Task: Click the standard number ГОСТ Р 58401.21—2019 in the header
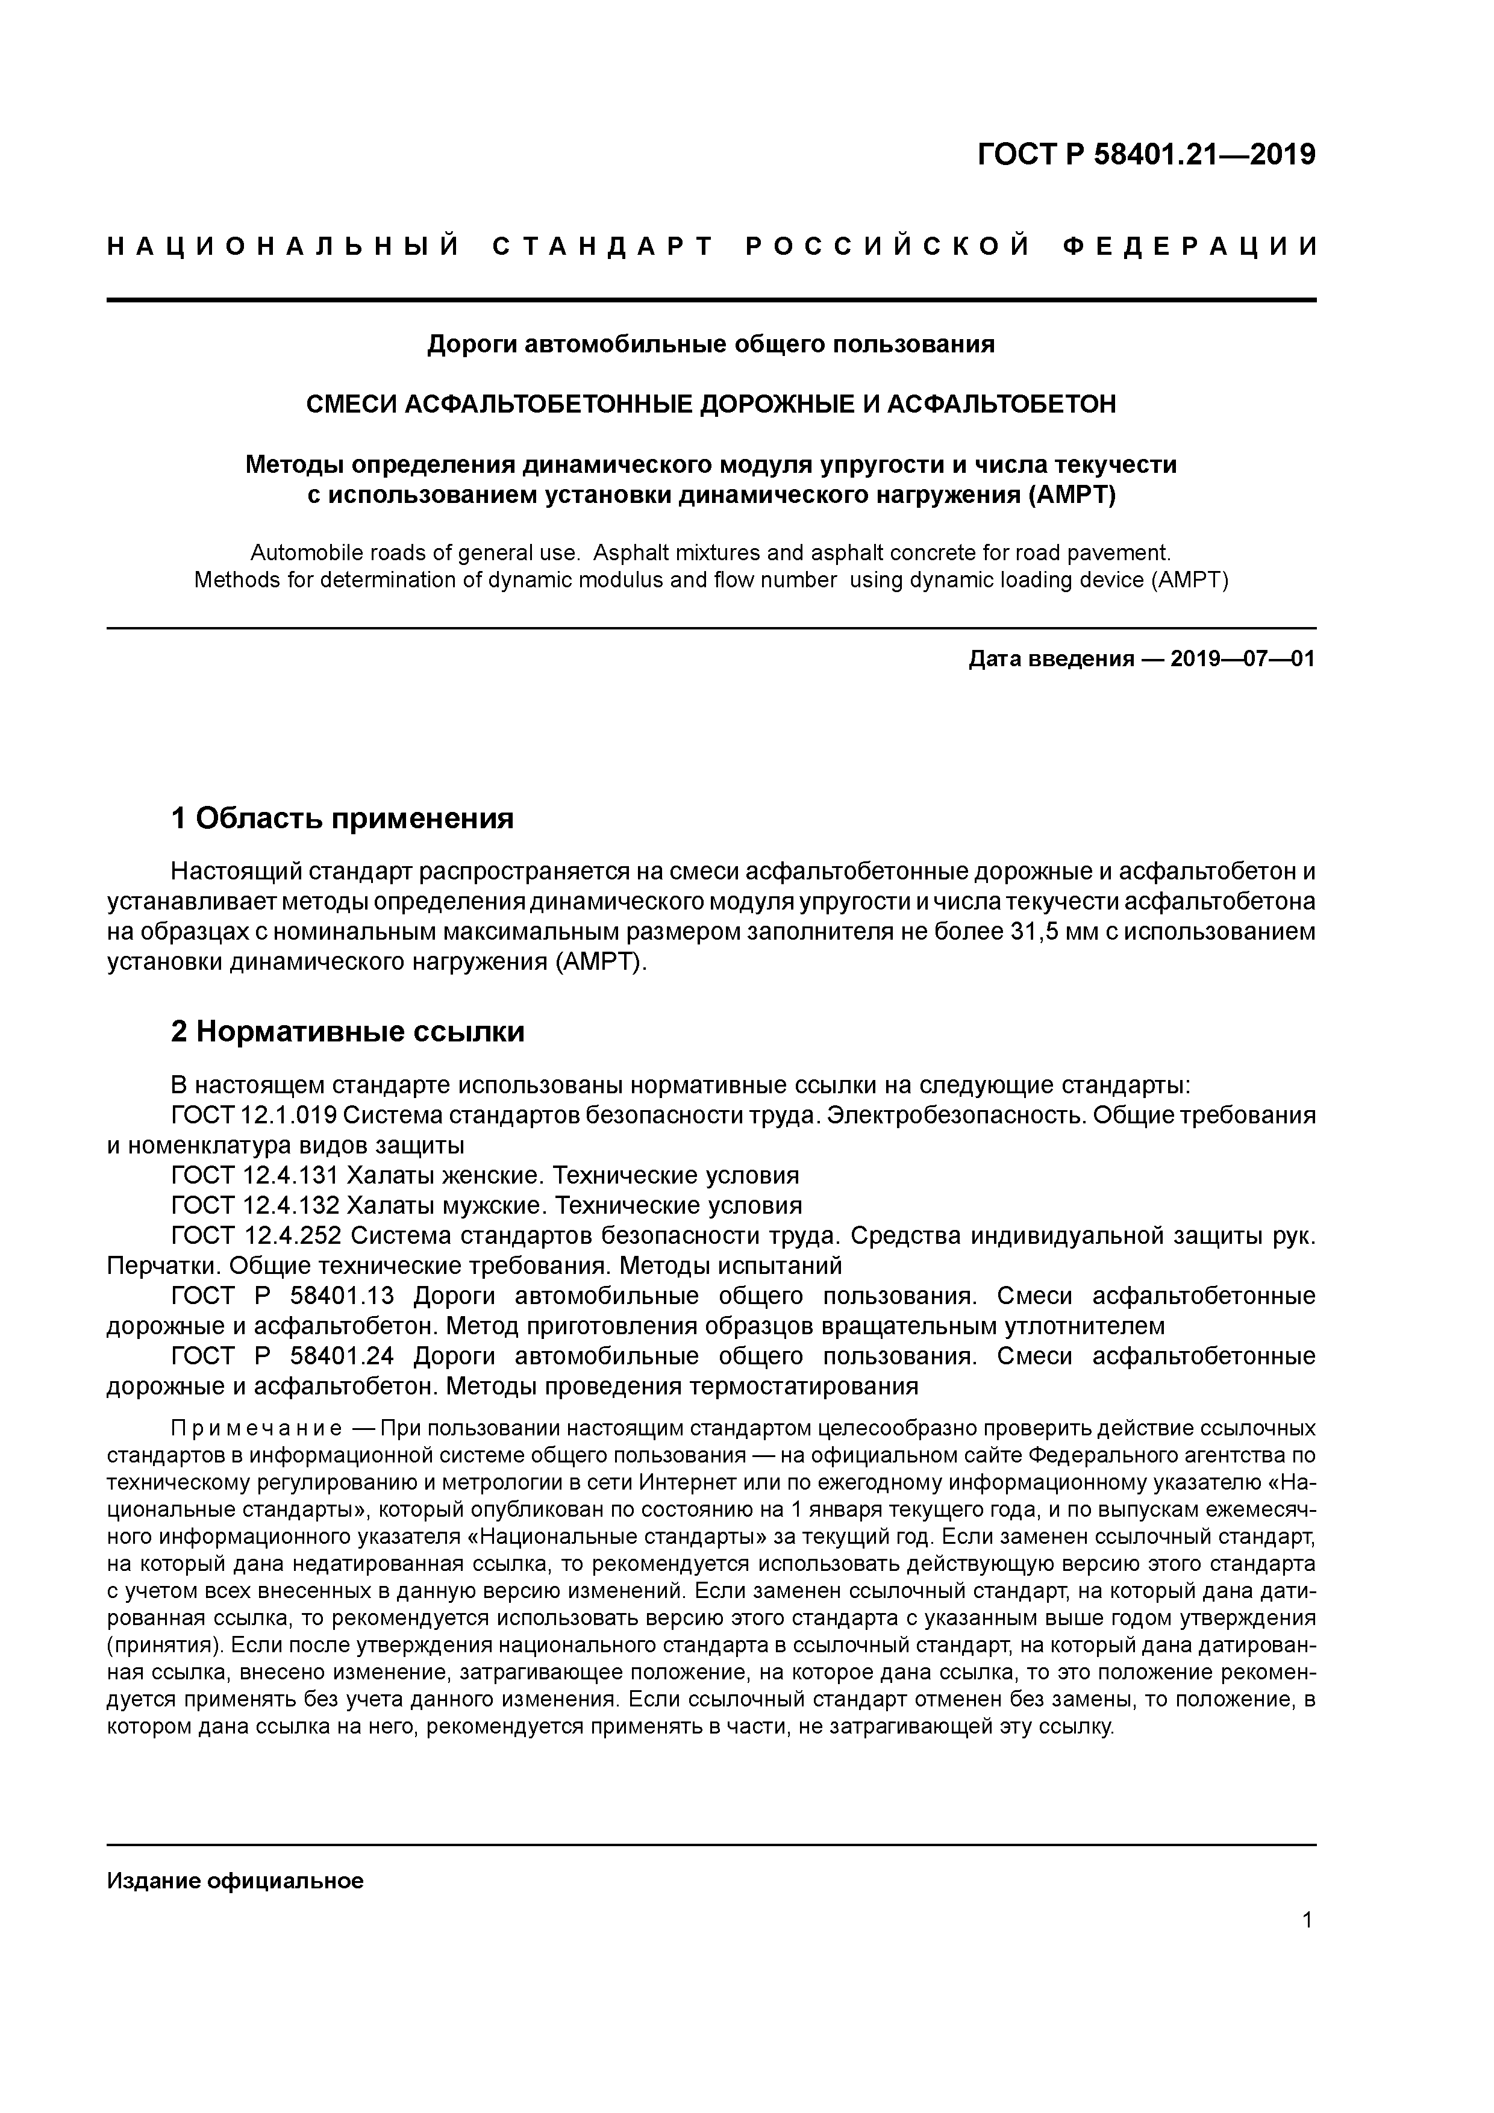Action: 1146,155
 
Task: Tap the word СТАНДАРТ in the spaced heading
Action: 603,246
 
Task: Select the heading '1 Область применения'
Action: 342,817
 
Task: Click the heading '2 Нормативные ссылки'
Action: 348,1032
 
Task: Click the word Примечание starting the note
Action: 257,1428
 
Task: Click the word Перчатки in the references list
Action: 162,1266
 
